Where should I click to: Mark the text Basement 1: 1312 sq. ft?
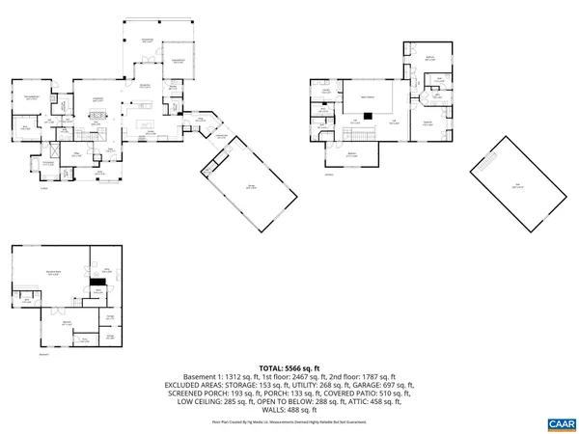point(213,377)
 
